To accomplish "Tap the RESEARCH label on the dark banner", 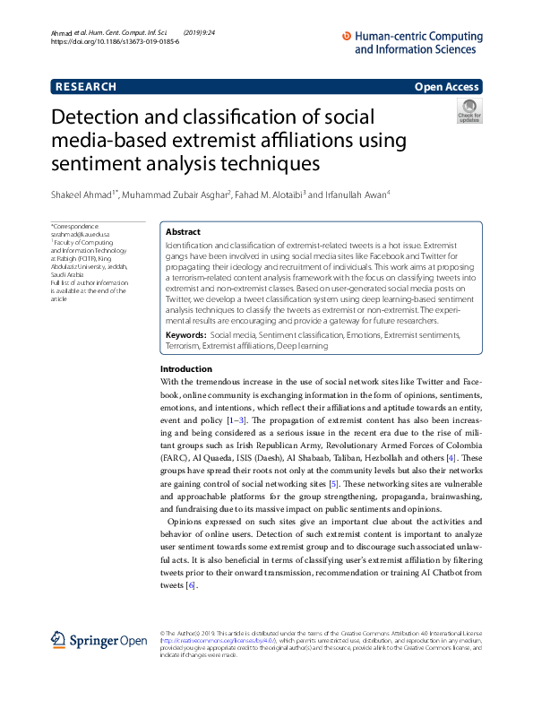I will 86,87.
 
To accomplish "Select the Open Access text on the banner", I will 446,87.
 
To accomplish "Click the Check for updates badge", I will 469,112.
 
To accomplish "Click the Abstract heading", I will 184,230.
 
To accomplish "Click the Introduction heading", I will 186,369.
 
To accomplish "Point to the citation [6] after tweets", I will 189,586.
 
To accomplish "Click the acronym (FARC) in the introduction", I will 174,458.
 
